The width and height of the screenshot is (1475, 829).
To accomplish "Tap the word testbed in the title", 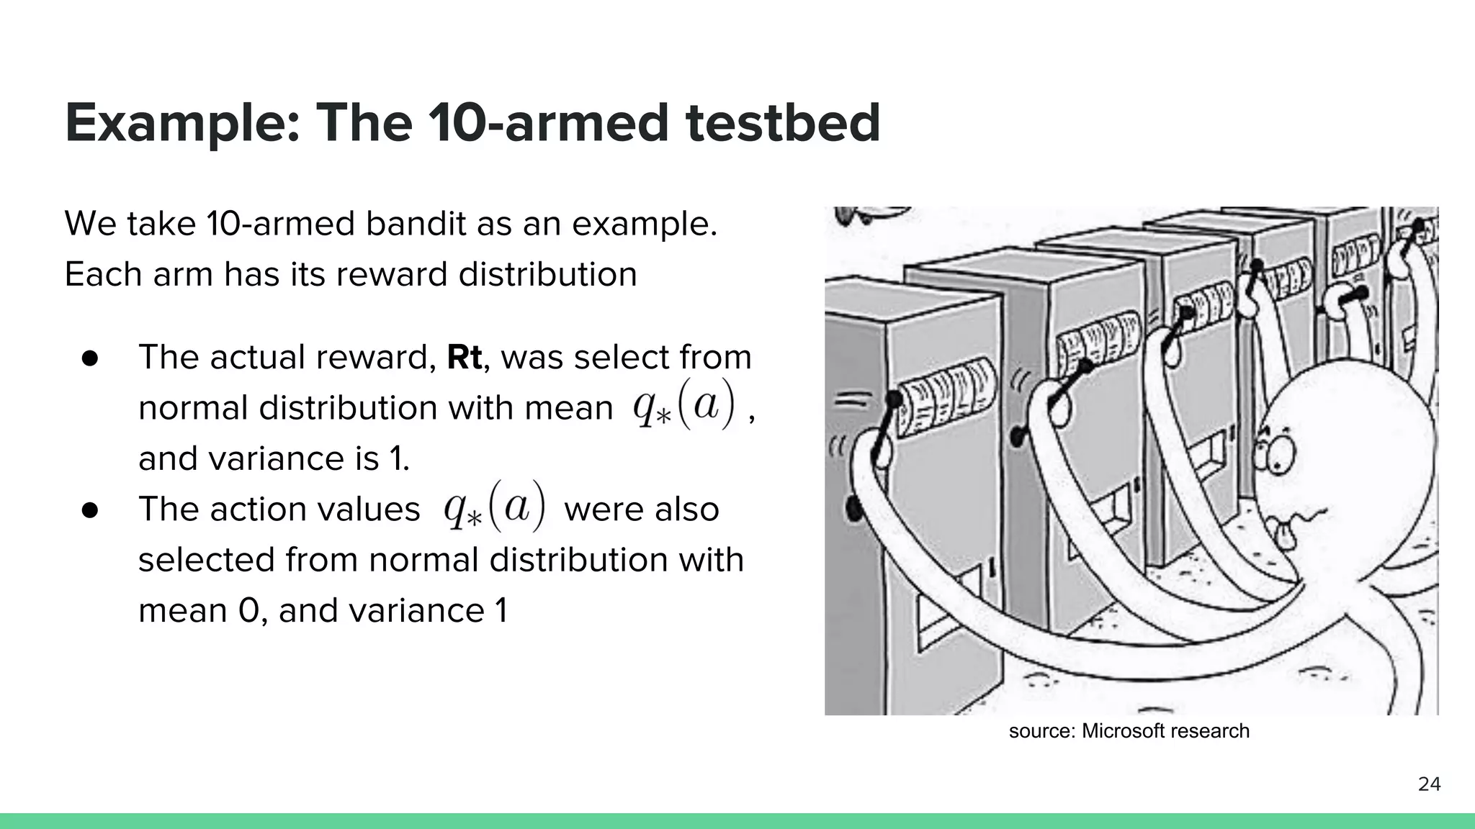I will (783, 122).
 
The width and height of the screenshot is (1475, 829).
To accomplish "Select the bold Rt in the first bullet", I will (464, 358).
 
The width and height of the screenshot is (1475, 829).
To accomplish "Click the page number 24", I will (1429, 784).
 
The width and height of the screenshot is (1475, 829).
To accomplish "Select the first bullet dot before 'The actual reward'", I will (90, 358).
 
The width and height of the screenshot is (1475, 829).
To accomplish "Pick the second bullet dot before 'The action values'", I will (90, 510).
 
